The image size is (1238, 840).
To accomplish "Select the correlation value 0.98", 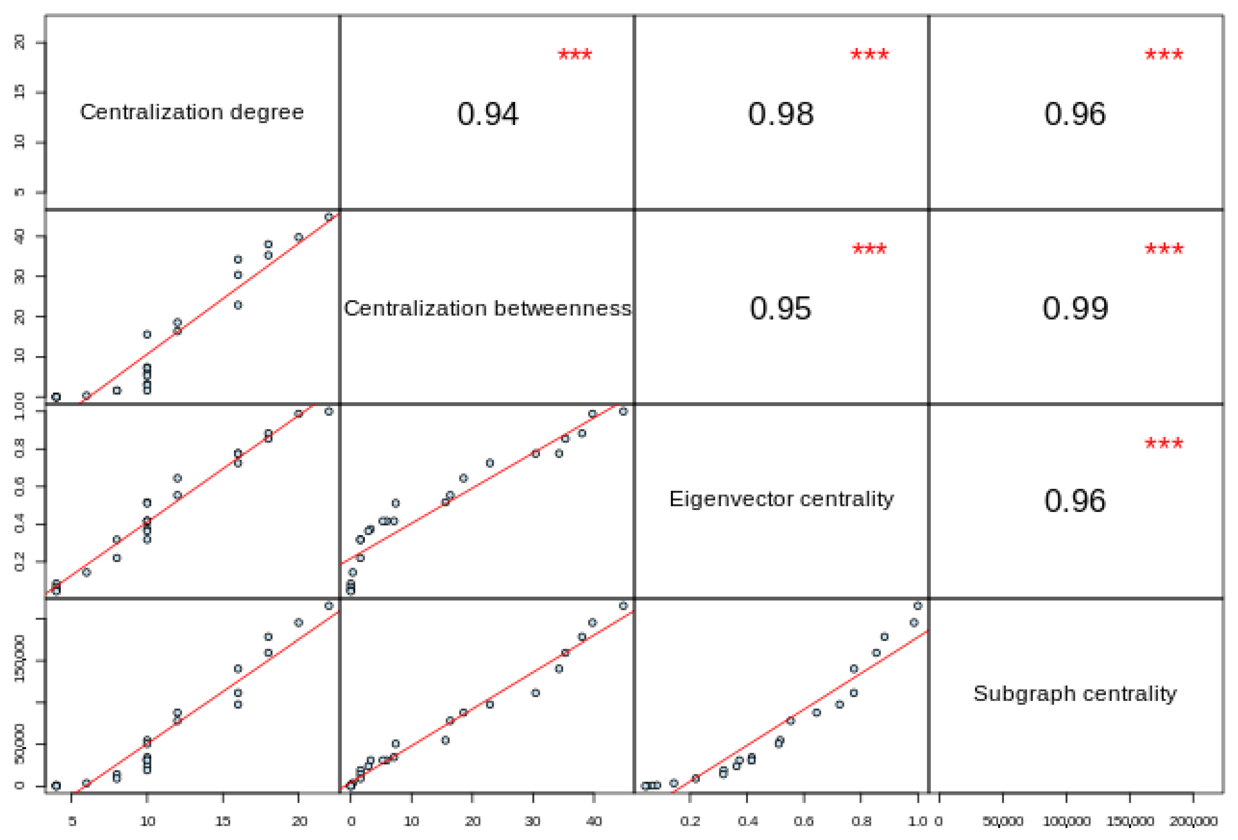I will (x=780, y=114).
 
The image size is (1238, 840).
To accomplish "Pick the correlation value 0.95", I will (x=780, y=309).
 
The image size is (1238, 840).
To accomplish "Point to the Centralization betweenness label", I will (x=487, y=309).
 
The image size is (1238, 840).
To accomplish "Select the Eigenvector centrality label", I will (x=781, y=499).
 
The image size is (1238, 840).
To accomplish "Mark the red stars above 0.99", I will (x=1163, y=249).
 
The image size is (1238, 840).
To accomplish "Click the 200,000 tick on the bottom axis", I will (x=1193, y=821).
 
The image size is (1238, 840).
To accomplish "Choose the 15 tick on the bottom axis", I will (x=223, y=821).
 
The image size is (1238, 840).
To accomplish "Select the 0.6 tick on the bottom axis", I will (x=803, y=821).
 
